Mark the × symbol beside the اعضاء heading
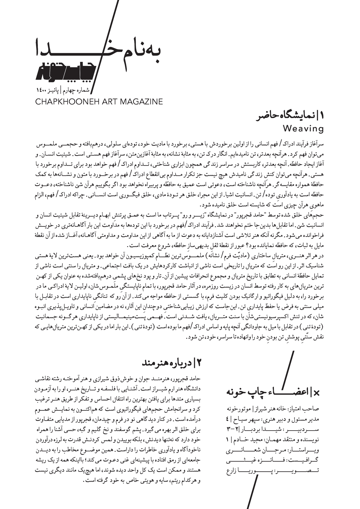[317, 392]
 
